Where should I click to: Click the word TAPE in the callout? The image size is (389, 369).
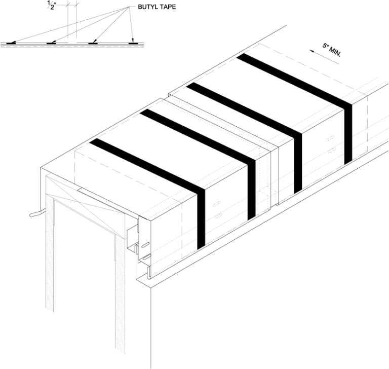pyautogui.click(x=168, y=7)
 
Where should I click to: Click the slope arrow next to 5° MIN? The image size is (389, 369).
pyautogui.click(x=324, y=57)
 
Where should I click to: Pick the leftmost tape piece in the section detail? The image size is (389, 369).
pyautogui.click(x=11, y=43)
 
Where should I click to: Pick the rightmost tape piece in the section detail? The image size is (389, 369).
pyautogui.click(x=133, y=43)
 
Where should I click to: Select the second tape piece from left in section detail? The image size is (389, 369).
pyautogui.click(x=52, y=43)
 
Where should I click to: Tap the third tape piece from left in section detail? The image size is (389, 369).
pyautogui.click(x=93, y=43)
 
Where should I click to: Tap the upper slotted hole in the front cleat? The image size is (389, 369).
pyautogui.click(x=146, y=245)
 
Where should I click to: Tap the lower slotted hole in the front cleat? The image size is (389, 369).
pyautogui.click(x=146, y=257)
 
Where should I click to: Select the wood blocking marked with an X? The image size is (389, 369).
pyautogui.click(x=86, y=199)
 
